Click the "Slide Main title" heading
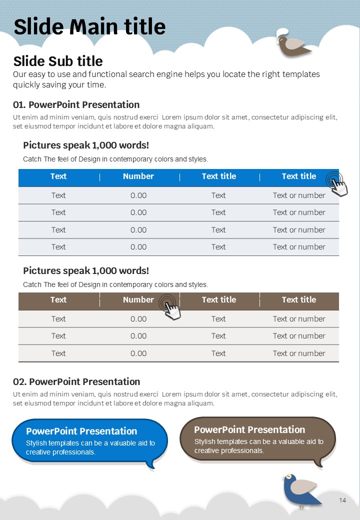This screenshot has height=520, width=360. pyautogui.click(x=89, y=26)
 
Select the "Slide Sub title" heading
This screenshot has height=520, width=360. pyautogui.click(x=58, y=61)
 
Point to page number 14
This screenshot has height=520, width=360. pyautogui.click(x=342, y=500)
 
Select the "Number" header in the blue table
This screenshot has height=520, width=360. pyautogui.click(x=138, y=176)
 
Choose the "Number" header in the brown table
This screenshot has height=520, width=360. pyautogui.click(x=138, y=300)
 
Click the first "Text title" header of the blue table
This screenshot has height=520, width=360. pyautogui.click(x=219, y=176)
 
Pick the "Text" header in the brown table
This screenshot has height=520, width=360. pyautogui.click(x=58, y=300)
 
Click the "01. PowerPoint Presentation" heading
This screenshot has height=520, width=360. pyautogui.click(x=76, y=105)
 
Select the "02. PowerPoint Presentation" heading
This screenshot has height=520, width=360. pyautogui.click(x=76, y=382)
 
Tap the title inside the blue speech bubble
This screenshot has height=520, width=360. pyautogui.click(x=81, y=431)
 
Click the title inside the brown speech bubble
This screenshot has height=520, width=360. pyautogui.click(x=249, y=430)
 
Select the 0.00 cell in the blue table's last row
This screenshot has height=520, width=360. pyautogui.click(x=138, y=247)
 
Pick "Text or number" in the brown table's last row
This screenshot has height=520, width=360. pyautogui.click(x=299, y=353)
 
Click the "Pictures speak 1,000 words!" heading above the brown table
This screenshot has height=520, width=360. pyautogui.click(x=86, y=271)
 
